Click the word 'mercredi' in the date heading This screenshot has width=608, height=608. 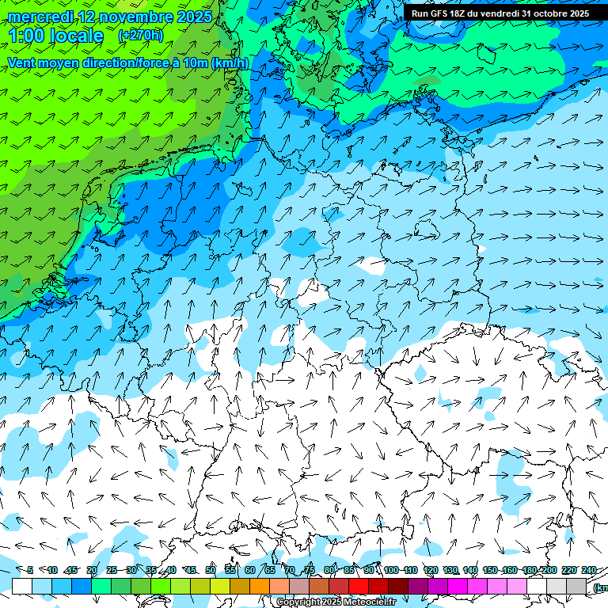pos(40,17)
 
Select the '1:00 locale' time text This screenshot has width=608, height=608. pos(55,36)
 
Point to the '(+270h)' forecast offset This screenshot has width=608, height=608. pos(140,36)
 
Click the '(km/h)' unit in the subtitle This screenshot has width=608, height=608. pos(230,63)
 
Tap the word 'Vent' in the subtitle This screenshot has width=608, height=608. pos(24,63)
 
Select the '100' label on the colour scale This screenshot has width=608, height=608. pos(390,570)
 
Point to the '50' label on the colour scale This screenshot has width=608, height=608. pos(210,570)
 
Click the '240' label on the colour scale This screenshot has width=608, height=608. pos(588,570)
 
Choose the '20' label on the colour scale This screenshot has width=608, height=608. pos(91,570)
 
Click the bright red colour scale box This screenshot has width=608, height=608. pos(359,587)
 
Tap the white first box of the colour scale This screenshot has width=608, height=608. pos(22,587)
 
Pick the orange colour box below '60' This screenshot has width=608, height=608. pos(260,587)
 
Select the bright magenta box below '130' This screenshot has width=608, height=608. pos(458,587)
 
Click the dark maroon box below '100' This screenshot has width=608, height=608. pos(398,587)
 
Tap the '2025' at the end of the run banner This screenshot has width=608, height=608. pos(579,13)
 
